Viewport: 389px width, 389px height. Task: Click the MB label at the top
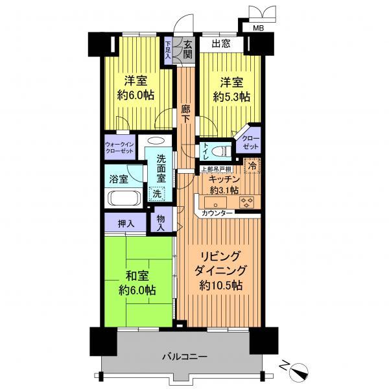258,29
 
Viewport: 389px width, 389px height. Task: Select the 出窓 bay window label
221,45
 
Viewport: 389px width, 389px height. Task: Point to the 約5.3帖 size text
231,97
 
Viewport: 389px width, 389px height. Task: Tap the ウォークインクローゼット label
119,147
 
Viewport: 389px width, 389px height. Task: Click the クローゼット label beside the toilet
250,143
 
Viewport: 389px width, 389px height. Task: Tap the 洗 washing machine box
156,192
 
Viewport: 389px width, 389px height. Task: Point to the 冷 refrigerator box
252,165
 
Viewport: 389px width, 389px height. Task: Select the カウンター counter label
218,213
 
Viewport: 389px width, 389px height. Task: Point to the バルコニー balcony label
185,357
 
